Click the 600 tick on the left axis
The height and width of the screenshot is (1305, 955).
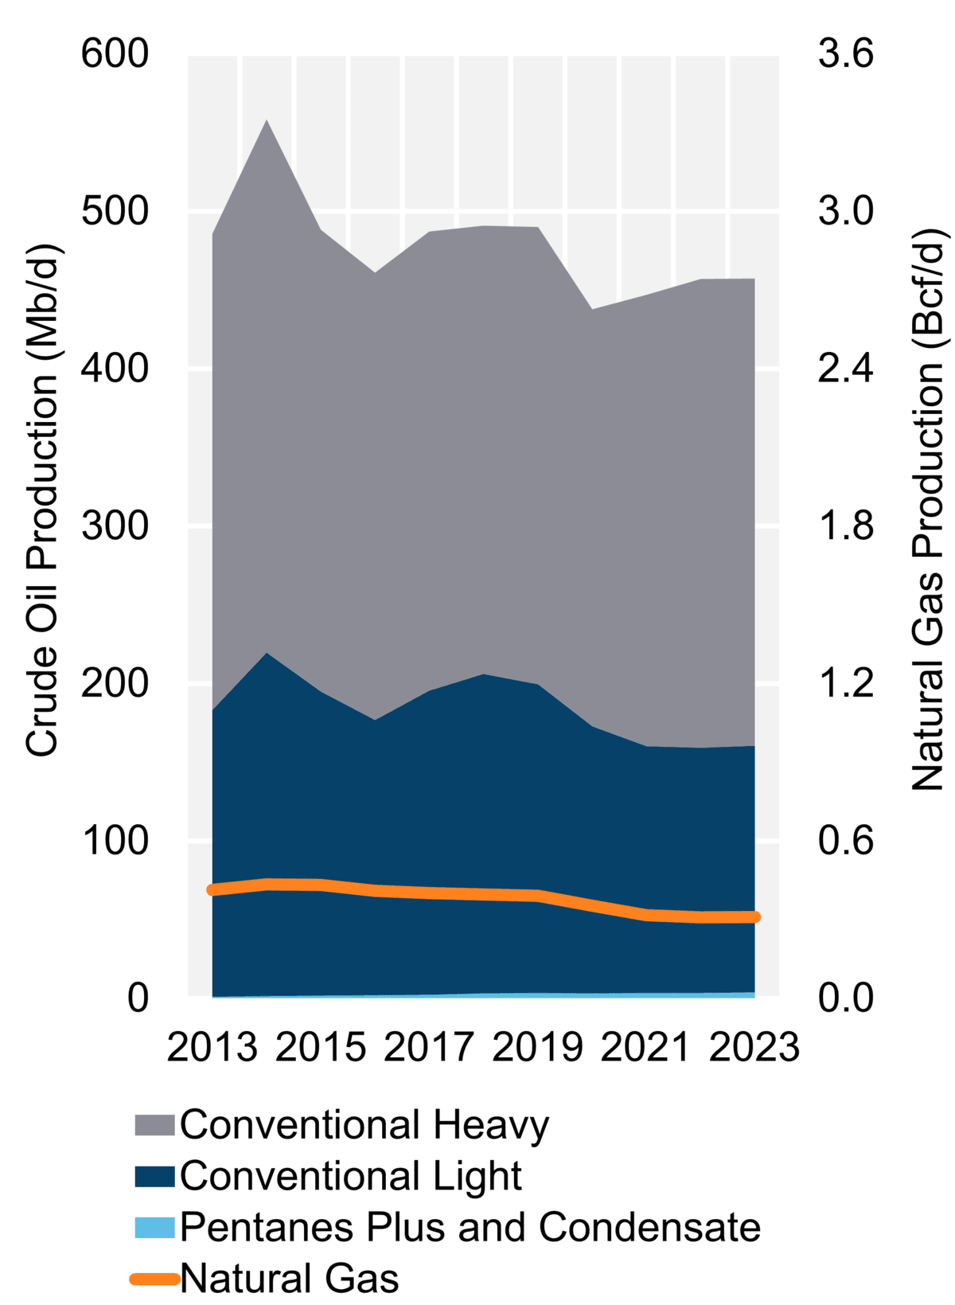click(115, 54)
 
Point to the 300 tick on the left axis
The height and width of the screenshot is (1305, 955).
click(115, 526)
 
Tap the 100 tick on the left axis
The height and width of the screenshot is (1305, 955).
click(115, 841)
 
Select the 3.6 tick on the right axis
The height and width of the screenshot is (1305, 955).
click(845, 54)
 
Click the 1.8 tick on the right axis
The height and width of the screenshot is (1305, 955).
click(845, 526)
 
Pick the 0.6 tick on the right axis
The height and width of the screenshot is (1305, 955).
click(845, 841)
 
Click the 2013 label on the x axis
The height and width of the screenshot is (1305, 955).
click(212, 1046)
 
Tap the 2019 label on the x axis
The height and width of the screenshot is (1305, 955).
click(538, 1046)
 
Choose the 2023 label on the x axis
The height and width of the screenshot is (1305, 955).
click(754, 1046)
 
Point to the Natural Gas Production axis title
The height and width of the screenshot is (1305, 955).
click(928, 510)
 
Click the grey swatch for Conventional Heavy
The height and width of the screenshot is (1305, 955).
click(154, 1125)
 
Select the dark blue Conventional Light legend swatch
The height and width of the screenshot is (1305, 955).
click(154, 1176)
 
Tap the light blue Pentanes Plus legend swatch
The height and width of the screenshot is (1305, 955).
click(154, 1227)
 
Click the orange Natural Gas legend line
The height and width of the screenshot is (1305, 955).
click(154, 1279)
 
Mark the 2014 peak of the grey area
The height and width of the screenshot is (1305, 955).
click(267, 121)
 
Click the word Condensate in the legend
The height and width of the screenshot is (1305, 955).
click(649, 1227)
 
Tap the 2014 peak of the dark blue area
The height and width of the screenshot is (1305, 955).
click(267, 654)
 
